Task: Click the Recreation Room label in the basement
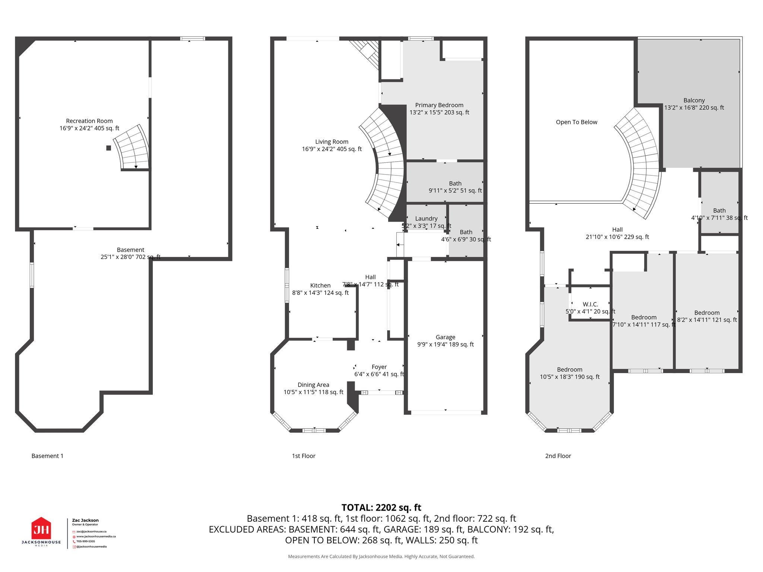89,124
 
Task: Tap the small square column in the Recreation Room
108,148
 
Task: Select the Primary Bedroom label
439,109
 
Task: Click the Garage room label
445,340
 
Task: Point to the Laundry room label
426,222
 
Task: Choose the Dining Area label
313,388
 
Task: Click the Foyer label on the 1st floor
379,370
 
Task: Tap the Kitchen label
320,289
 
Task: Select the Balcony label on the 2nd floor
694,104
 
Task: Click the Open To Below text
576,122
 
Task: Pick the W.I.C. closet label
590,308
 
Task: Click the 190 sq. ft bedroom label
569,373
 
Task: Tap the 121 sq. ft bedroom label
707,316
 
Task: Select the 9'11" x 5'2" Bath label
455,187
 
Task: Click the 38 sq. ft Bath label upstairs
719,214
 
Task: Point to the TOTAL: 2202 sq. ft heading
381,508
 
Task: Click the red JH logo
41,528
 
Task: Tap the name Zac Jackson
85,520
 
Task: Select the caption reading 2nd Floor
558,456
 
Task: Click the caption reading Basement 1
47,456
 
